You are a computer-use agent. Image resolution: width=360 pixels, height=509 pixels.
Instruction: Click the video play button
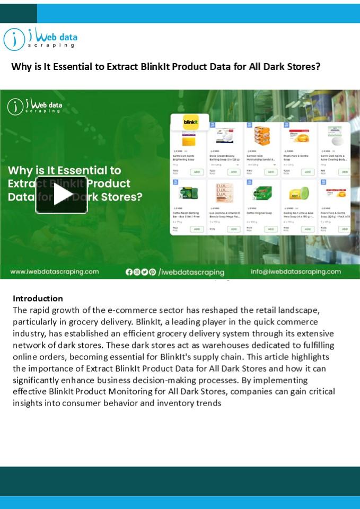pos(62,194)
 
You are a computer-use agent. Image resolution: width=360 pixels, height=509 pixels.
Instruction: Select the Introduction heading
pos(38,299)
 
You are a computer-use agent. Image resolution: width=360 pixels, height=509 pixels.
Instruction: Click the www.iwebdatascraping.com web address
pos(55,271)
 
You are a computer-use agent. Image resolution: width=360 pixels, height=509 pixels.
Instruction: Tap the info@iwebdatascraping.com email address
pos(295,271)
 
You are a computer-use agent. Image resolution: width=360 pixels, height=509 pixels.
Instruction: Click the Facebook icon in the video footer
pos(129,272)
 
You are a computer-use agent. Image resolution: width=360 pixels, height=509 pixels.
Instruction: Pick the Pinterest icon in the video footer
pos(153,272)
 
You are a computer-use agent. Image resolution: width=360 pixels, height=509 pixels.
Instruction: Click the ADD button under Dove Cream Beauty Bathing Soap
pos(234,172)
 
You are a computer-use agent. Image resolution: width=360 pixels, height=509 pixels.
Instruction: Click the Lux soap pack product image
pos(223,193)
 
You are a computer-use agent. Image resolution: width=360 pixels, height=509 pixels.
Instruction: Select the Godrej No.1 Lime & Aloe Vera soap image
pos(297,194)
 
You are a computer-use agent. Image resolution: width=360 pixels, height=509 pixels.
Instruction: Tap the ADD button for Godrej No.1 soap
pos(308,229)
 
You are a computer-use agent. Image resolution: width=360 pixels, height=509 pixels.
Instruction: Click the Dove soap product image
pos(223,136)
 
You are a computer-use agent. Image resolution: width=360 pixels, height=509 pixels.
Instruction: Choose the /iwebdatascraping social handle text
pos(191,272)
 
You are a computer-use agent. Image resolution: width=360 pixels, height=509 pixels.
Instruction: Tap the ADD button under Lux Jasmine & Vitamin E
pos(234,229)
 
